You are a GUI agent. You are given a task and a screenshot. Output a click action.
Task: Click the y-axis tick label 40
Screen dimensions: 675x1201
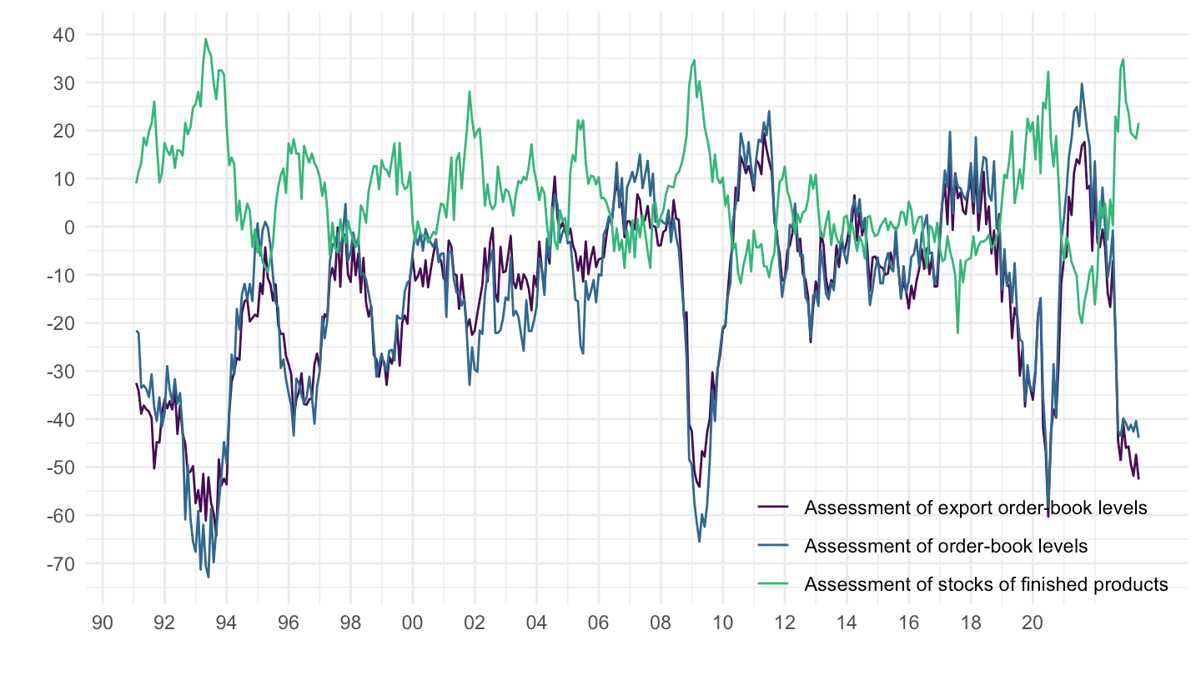pyautogui.click(x=66, y=35)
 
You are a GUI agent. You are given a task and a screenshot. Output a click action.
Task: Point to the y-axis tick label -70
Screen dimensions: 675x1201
pyautogui.click(x=63, y=564)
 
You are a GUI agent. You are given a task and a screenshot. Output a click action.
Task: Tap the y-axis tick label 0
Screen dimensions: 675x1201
pyautogui.click(x=70, y=227)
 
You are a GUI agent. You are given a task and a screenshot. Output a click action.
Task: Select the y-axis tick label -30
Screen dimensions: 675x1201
pyautogui.click(x=63, y=372)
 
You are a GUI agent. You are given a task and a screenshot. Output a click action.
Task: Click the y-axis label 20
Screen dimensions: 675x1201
pyautogui.click(x=66, y=131)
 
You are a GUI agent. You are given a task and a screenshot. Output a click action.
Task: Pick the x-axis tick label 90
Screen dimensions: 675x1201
pyautogui.click(x=103, y=621)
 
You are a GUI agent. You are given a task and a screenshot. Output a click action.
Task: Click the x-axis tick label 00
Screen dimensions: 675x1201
pyautogui.click(x=412, y=621)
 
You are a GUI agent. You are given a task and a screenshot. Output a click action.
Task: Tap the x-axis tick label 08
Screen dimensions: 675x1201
pyautogui.click(x=660, y=621)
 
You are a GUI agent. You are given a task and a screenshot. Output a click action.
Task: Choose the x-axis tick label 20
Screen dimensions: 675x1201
pyautogui.click(x=1032, y=621)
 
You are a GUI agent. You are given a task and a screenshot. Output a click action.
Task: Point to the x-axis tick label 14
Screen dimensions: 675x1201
pyautogui.click(x=846, y=621)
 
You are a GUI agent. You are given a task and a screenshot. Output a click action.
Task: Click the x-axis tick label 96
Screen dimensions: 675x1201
pyautogui.click(x=289, y=621)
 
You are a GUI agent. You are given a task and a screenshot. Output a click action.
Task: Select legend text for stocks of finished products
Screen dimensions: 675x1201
pyautogui.click(x=986, y=584)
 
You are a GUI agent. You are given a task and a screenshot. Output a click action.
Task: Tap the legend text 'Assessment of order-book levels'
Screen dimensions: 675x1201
pyautogui.click(x=946, y=546)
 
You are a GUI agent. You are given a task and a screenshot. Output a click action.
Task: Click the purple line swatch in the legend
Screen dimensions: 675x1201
pyautogui.click(x=773, y=507)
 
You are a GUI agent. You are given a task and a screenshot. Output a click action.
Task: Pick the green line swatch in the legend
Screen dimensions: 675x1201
pyautogui.click(x=773, y=584)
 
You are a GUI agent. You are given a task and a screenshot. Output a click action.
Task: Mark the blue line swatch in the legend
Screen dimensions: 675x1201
pyautogui.click(x=773, y=546)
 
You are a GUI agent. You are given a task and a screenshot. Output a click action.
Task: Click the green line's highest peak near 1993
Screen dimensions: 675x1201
pyautogui.click(x=205, y=38)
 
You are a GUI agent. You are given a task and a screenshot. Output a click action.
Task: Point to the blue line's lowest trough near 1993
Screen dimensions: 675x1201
pyautogui.click(x=208, y=577)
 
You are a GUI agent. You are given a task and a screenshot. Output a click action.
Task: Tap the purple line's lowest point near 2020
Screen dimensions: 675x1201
pyautogui.click(x=1048, y=517)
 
